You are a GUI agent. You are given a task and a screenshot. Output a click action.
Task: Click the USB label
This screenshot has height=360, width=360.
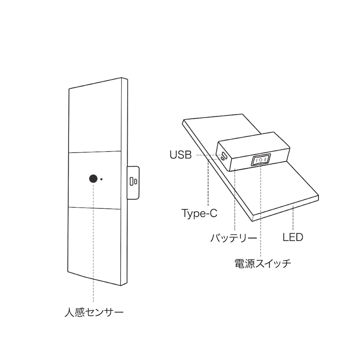click(180, 155)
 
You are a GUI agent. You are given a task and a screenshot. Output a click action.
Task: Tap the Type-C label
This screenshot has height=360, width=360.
click(199, 213)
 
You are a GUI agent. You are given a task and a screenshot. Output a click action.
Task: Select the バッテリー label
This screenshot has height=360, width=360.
click(234, 238)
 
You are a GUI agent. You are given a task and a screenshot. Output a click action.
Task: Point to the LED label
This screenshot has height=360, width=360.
click(293, 237)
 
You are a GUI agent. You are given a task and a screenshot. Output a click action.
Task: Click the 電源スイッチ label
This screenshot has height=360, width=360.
click(263, 264)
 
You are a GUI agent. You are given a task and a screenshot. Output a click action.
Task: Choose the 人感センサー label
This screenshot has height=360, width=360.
click(94, 313)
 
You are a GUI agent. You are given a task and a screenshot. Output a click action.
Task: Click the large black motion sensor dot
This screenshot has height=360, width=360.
click(93, 179)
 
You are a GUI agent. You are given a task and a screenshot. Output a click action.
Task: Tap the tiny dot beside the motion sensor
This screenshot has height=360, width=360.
click(101, 179)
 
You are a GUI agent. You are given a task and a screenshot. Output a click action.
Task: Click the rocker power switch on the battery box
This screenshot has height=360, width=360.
click(260, 159)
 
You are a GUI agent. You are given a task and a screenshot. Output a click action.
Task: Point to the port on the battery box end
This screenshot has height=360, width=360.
click(224, 156)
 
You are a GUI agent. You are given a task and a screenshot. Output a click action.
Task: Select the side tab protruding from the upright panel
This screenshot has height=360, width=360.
click(133, 183)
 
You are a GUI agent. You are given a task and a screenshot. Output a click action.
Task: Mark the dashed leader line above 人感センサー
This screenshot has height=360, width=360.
click(93, 243)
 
